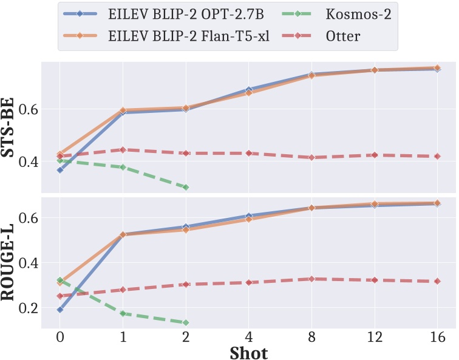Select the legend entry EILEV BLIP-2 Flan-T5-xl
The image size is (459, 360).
click(x=176, y=36)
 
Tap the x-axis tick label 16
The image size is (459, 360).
click(x=437, y=336)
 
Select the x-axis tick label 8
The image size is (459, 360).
click(x=311, y=336)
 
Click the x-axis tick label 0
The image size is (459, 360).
click(x=59, y=336)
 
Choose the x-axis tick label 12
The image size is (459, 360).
click(x=374, y=336)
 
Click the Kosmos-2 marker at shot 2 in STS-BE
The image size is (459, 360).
click(x=186, y=187)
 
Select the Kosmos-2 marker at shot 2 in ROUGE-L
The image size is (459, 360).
click(x=186, y=322)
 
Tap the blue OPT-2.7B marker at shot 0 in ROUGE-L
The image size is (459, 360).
click(x=59, y=310)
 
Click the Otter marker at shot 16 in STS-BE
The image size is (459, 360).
click(x=437, y=156)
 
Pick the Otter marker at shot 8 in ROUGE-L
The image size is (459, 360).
click(x=311, y=279)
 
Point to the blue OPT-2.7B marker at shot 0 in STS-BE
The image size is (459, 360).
click(x=59, y=170)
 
